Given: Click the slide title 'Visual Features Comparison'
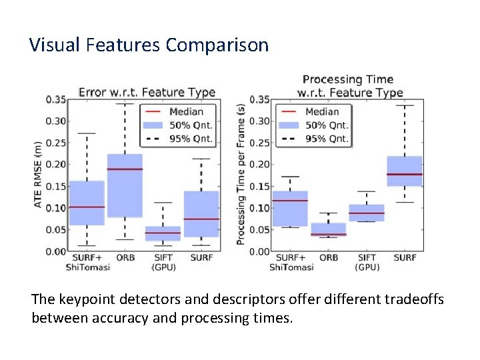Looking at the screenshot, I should coord(149,45).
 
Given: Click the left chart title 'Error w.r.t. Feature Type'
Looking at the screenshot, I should coord(147,93).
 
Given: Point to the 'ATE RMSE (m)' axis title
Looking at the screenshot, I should coord(38,173).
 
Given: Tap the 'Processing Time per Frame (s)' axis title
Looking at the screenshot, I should coord(241,173).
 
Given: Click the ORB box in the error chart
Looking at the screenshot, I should coord(125,185).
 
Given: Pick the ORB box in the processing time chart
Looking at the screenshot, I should coord(328,229).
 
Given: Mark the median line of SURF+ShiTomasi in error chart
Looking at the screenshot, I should coord(87,207).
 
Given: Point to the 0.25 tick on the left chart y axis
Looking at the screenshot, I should coord(56,143).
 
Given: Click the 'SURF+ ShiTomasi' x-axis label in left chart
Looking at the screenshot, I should coord(87,262).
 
